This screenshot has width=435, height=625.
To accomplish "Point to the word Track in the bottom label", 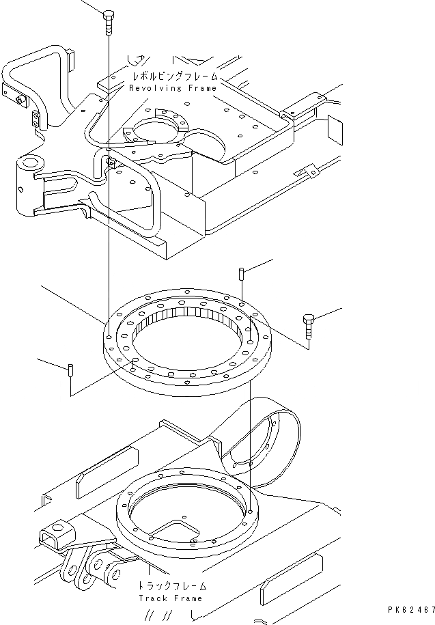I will pyautogui.click(x=153, y=598).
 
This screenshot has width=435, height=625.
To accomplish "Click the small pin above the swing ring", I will pyautogui.click(x=242, y=275).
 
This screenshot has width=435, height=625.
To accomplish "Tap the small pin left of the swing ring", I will pyautogui.click(x=71, y=372).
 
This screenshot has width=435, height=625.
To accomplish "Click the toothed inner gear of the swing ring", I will pyautogui.click(x=188, y=321).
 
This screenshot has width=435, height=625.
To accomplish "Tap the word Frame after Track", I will pyautogui.click(x=187, y=598).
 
